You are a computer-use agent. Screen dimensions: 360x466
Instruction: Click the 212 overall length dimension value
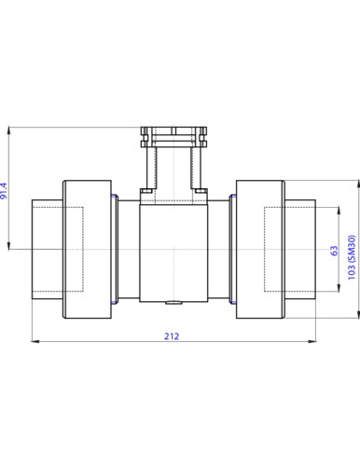[x=172, y=336]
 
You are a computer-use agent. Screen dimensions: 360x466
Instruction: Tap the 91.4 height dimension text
[x=4, y=191]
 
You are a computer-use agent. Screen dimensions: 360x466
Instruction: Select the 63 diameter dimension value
[x=334, y=251]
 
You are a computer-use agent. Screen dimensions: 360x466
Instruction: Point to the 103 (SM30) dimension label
[x=352, y=257]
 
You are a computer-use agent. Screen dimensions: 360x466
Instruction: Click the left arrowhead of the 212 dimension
[x=35, y=341]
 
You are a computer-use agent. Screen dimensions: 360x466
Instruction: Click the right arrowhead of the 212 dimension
[x=312, y=341]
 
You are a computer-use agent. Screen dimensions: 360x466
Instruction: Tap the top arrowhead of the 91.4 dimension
[x=9, y=130]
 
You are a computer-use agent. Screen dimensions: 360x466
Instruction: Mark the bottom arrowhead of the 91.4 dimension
[x=9, y=245]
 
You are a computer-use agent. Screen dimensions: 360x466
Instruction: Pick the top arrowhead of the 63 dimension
[x=339, y=211]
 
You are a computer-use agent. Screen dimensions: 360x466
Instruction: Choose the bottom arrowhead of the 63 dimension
[x=339, y=288]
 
